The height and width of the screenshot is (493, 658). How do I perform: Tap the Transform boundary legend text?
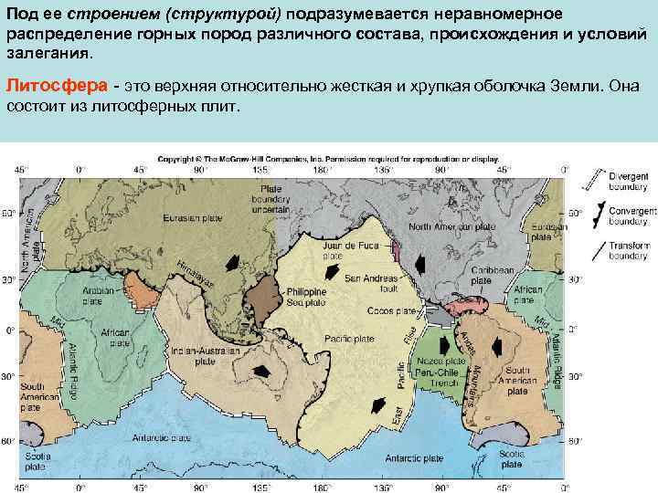click(631, 251)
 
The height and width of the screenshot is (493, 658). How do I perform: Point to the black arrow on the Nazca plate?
click(442, 346)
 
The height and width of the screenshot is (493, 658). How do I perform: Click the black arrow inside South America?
click(498, 349)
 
